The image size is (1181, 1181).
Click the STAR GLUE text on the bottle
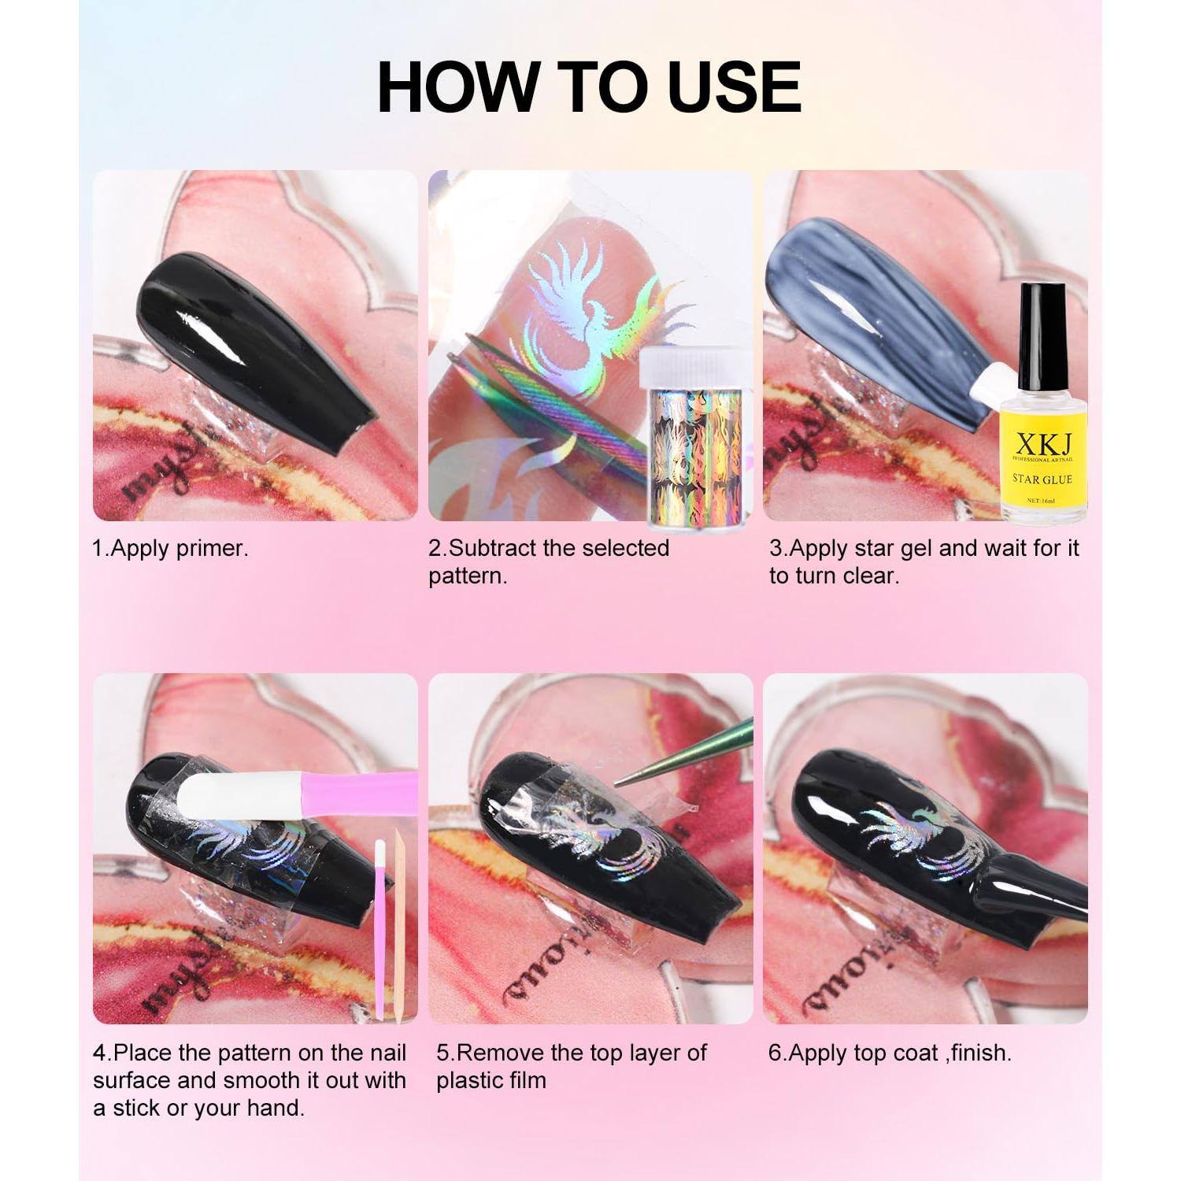click(1042, 479)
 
